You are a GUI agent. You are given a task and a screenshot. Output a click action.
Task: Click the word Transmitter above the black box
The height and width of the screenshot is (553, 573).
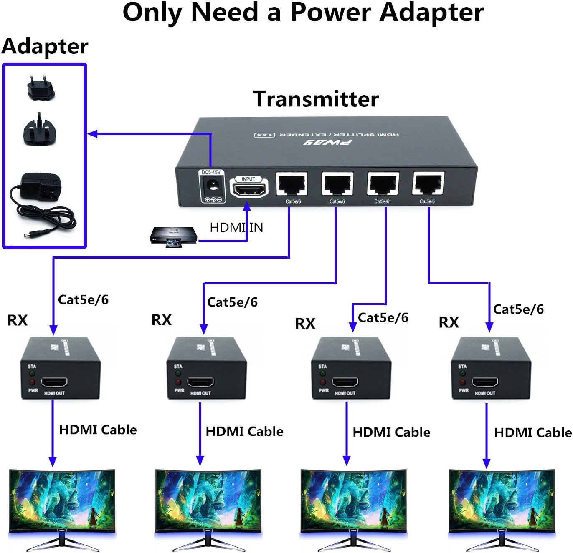[x=316, y=99]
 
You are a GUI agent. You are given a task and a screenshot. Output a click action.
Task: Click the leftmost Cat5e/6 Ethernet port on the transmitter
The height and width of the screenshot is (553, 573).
[x=292, y=184]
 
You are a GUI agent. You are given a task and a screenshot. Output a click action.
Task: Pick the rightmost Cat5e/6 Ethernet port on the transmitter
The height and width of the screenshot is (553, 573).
[x=428, y=183]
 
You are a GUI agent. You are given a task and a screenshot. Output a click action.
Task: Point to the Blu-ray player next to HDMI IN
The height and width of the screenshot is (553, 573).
[x=173, y=236]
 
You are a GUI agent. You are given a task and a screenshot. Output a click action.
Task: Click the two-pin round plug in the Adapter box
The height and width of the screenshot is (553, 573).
[x=41, y=88]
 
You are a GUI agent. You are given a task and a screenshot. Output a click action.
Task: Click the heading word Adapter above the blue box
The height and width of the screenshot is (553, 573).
[x=45, y=46]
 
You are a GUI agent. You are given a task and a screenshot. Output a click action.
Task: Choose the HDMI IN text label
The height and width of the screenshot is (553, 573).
[x=236, y=228]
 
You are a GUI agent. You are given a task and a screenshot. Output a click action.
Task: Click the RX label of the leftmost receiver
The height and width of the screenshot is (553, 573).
[x=18, y=320]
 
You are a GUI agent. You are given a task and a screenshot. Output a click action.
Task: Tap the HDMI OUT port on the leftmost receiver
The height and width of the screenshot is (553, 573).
[x=55, y=382]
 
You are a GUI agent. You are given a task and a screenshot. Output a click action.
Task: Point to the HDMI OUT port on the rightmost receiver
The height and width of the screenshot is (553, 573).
[x=485, y=382]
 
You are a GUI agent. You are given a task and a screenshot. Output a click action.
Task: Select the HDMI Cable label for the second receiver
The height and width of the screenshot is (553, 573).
[x=244, y=431]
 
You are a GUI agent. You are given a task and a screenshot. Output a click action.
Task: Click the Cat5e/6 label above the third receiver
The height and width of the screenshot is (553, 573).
[x=383, y=318]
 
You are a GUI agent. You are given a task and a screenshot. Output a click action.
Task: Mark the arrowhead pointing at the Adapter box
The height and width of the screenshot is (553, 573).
[x=92, y=134]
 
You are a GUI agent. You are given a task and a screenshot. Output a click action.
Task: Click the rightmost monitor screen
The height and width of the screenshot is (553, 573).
[x=502, y=500]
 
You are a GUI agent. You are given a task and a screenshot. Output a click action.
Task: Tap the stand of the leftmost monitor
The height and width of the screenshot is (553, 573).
[x=63, y=542]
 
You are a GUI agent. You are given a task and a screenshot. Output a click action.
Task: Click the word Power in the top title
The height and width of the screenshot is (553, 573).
[x=330, y=13]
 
